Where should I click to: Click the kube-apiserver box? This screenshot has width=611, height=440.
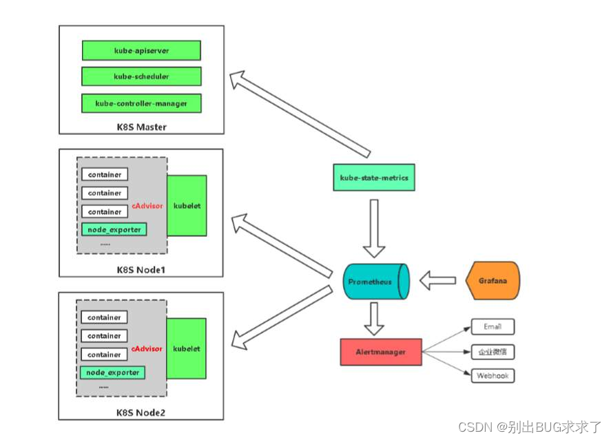(x=141, y=50)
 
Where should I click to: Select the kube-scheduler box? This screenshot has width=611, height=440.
(x=141, y=76)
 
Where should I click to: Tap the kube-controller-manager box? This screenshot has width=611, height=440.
(x=141, y=103)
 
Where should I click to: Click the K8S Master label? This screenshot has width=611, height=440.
(x=141, y=127)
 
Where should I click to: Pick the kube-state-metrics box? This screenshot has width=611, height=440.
(x=374, y=178)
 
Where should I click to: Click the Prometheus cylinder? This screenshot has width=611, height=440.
(x=375, y=282)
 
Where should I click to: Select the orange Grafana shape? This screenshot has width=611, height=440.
(x=492, y=281)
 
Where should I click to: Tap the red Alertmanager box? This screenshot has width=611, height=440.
(x=380, y=352)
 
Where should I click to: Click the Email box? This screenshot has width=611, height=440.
(x=493, y=327)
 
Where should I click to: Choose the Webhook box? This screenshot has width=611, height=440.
(x=493, y=376)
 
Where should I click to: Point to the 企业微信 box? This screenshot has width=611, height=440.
(x=493, y=352)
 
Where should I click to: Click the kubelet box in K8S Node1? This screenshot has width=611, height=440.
(x=187, y=205)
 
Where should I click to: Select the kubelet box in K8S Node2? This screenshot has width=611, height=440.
(x=187, y=348)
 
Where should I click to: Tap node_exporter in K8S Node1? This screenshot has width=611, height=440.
(x=114, y=229)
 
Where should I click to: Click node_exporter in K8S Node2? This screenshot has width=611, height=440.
(x=114, y=373)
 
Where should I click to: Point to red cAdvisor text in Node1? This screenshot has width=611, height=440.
(x=147, y=205)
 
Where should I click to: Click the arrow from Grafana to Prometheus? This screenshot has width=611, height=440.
(x=438, y=280)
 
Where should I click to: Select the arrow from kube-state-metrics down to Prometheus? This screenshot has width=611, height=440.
(x=375, y=227)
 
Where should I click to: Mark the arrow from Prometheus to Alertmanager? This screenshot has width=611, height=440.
(x=375, y=318)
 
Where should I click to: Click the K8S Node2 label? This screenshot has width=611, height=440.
(x=141, y=412)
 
